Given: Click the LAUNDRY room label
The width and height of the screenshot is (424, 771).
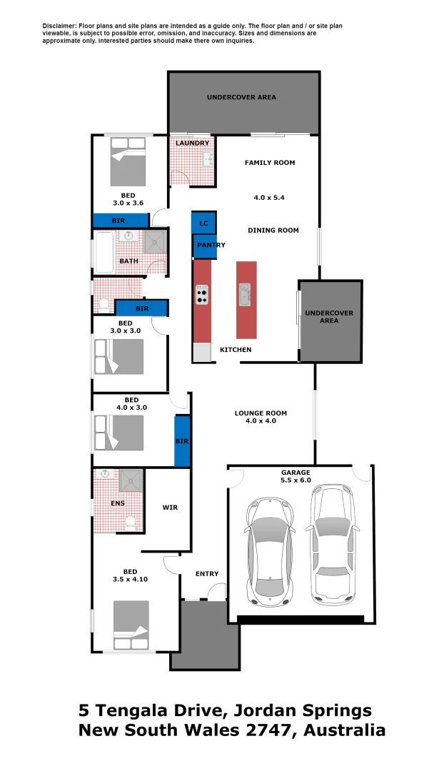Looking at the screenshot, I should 192,143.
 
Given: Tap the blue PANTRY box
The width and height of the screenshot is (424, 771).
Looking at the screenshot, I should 211,246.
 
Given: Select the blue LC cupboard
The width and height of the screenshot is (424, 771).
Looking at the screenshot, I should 203,223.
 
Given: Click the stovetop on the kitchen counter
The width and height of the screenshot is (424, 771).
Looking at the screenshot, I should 203,294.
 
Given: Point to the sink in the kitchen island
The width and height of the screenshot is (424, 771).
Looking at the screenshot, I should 246,293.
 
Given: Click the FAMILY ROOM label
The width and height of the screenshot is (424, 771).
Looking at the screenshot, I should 270,163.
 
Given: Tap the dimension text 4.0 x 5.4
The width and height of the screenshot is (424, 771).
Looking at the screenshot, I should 269,197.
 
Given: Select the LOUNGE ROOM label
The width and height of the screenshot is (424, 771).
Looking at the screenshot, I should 261,413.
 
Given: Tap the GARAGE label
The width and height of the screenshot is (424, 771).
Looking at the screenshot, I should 296,473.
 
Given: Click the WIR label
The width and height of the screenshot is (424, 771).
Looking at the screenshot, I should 170,508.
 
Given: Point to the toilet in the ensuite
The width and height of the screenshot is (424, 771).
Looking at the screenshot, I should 130,524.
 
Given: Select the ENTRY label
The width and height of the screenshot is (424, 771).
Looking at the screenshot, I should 207,574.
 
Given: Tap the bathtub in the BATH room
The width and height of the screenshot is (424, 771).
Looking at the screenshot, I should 104,253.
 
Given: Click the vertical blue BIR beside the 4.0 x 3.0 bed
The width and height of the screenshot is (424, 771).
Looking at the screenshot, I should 182,441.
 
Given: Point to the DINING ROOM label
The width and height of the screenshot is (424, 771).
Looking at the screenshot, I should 273,231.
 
